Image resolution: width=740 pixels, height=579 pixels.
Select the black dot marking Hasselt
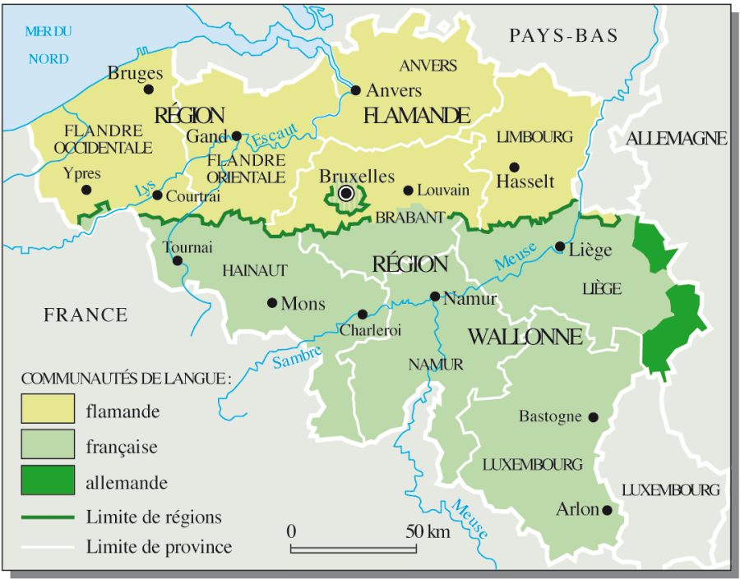[515, 167]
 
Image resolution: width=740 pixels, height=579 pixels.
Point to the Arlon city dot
[607, 510]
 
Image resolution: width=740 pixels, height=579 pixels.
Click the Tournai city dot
[178, 261]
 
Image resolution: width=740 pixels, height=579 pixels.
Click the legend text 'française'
[121, 447]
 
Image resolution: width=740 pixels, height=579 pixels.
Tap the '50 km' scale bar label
[428, 531]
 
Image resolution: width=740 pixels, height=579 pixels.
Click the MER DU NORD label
[49, 45]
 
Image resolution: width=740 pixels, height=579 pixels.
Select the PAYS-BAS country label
[563, 35]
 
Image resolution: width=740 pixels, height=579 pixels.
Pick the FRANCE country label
[86, 315]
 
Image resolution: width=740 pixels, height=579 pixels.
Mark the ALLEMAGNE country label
[677, 139]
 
